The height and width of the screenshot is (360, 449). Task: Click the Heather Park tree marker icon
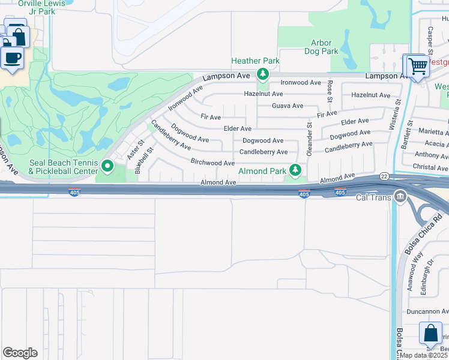(x=262, y=74)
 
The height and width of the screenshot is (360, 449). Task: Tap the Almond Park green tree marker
(x=295, y=171)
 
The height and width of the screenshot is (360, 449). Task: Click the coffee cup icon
(x=13, y=58)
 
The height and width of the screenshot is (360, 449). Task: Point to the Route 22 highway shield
(x=384, y=176)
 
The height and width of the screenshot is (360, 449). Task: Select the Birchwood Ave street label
(x=212, y=163)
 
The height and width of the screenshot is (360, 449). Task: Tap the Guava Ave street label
(x=288, y=106)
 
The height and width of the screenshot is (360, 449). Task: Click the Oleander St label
(x=310, y=140)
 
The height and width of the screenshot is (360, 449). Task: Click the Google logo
(x=20, y=353)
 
